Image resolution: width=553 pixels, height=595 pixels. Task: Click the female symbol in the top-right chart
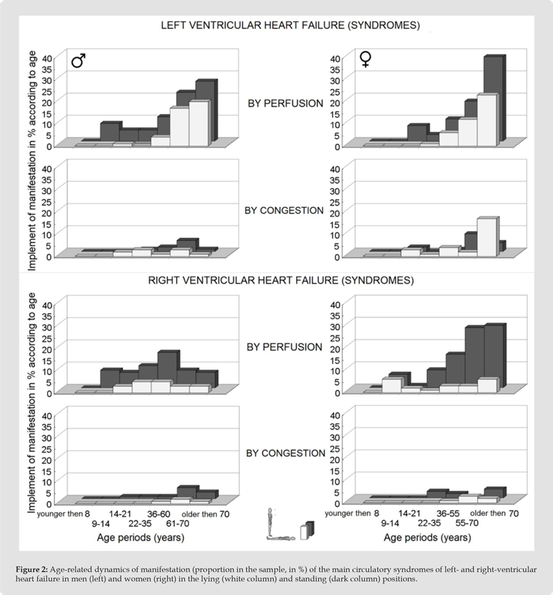click(366, 60)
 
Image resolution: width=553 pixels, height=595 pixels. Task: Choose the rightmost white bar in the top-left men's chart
click(199, 123)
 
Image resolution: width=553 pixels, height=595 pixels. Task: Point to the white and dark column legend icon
click(307, 529)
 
